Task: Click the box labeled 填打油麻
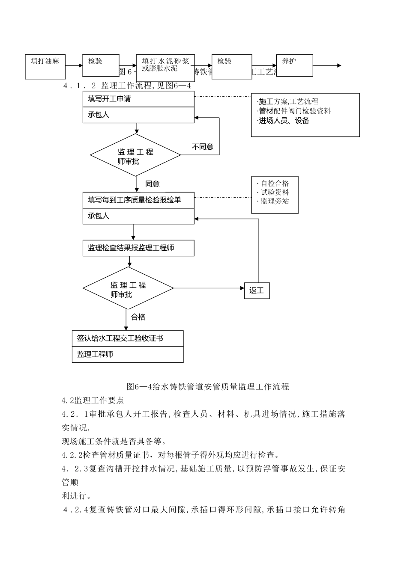coord(45,66)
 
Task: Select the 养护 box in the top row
coord(294,65)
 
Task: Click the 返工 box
coord(257,290)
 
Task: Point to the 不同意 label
coord(203,147)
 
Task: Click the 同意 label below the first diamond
coord(153,184)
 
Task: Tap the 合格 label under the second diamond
coord(138,317)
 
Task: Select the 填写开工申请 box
coord(138,99)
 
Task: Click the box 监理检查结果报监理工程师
coord(138,248)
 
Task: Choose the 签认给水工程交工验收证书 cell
coord(128,338)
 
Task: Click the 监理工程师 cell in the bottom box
coord(128,354)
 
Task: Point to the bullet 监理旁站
coord(275,201)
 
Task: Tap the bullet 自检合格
coord(275,184)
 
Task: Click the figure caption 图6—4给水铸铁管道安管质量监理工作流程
coord(208,387)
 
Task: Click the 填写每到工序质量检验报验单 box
coord(138,200)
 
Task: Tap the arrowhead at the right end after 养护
coord(339,65)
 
